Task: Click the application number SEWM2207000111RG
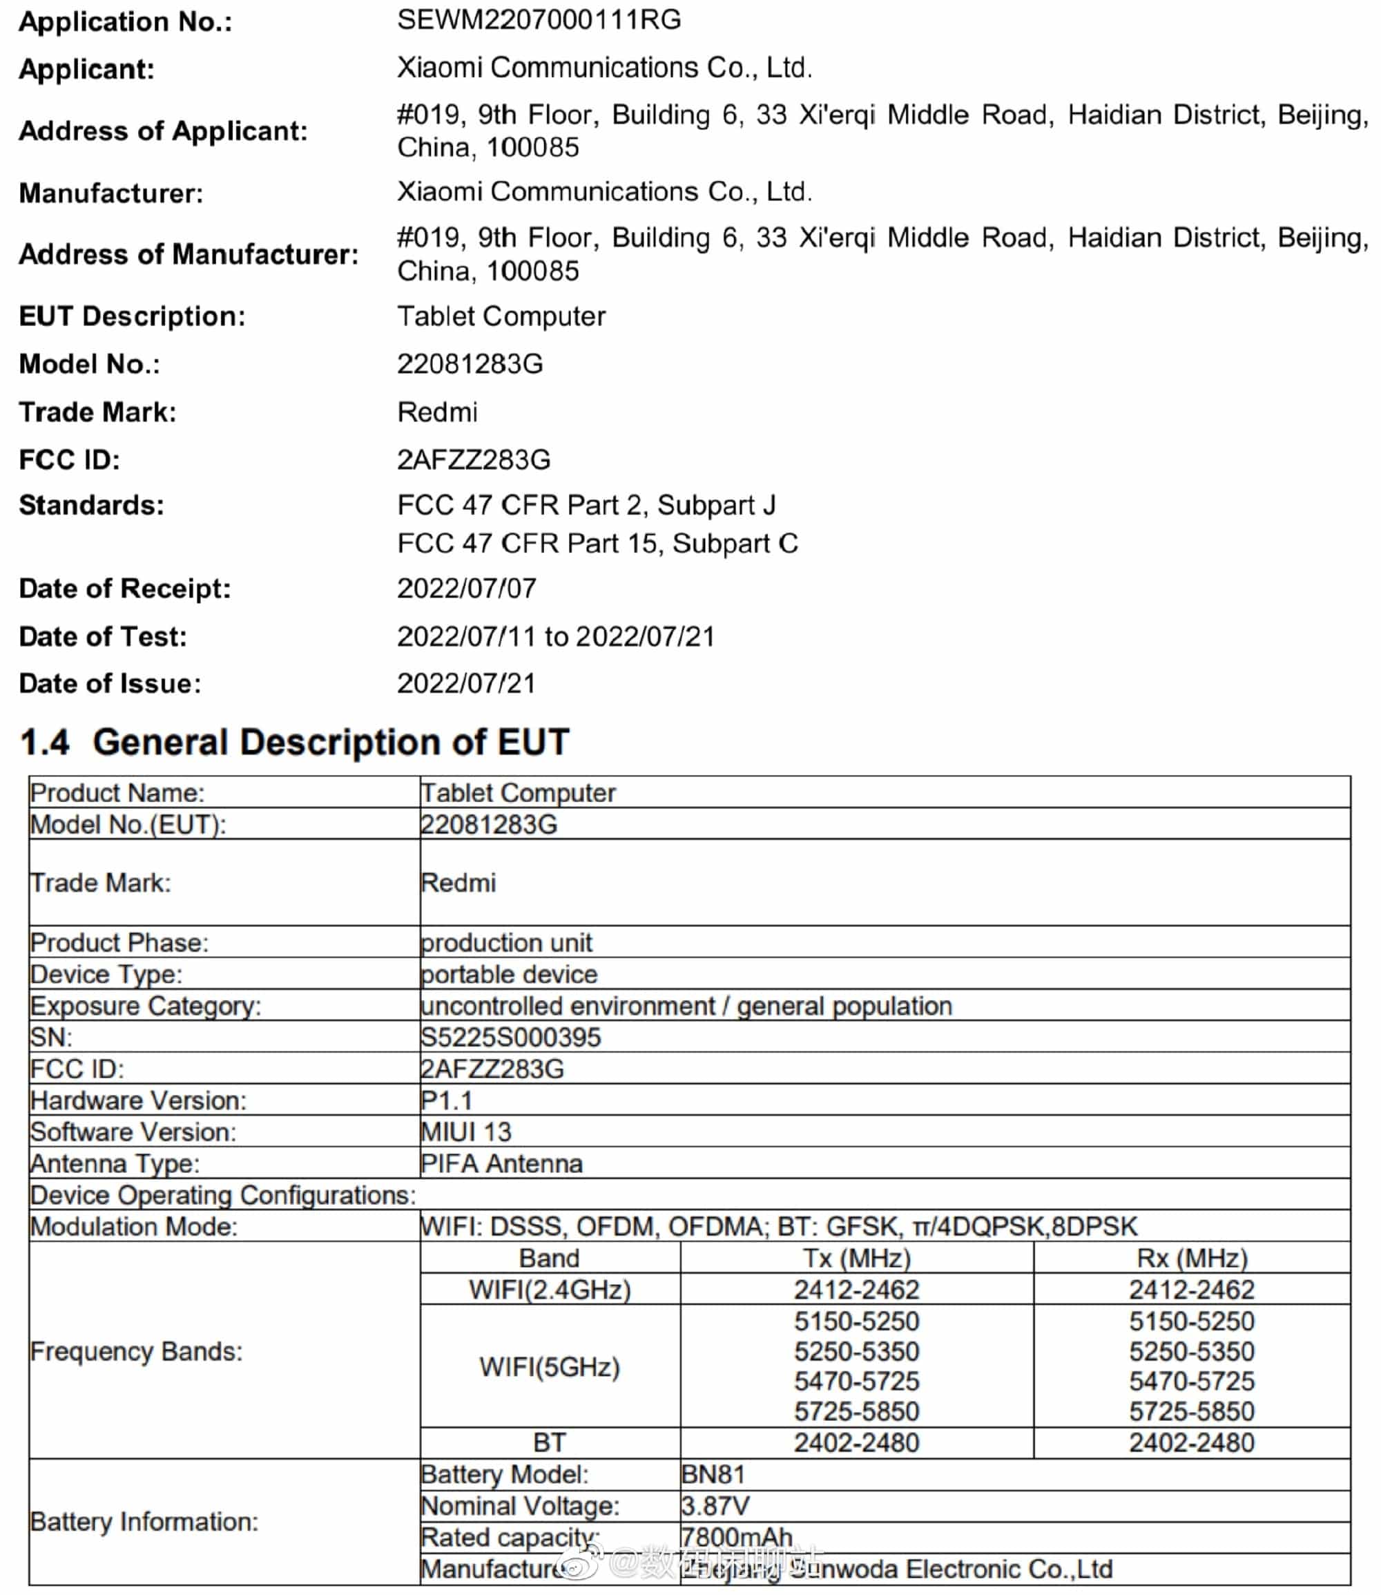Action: [x=539, y=20]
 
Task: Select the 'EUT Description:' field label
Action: [x=132, y=316]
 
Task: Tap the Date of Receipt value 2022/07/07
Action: [x=466, y=589]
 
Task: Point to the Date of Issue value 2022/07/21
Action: [x=466, y=683]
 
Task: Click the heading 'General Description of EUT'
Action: [x=331, y=742]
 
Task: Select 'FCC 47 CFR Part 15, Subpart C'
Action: [x=597, y=544]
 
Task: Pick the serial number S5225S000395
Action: [x=510, y=1037]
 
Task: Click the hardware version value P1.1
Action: [x=446, y=1100]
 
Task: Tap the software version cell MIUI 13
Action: [x=465, y=1131]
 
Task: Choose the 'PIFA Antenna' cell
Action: [x=502, y=1163]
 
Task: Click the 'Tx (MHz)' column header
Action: [x=856, y=1258]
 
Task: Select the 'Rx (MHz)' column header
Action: [x=1191, y=1258]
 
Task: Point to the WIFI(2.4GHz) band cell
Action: [x=550, y=1290]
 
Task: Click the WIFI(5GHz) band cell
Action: [x=550, y=1367]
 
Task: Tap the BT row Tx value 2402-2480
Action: [x=856, y=1443]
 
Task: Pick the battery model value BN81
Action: [x=713, y=1475]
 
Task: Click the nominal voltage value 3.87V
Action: [x=715, y=1506]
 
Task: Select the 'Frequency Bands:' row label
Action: [x=137, y=1351]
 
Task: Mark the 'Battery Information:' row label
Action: [x=144, y=1522]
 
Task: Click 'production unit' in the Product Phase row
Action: [x=506, y=942]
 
